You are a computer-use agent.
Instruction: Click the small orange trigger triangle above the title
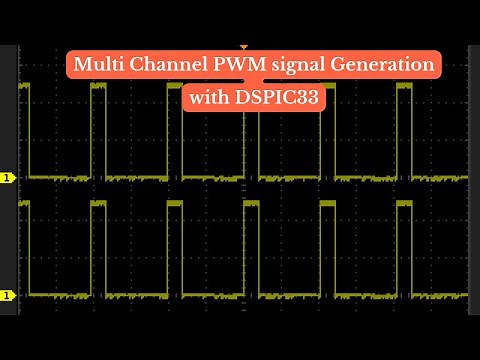click(243, 46)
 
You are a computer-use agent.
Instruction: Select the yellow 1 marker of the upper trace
click(8, 178)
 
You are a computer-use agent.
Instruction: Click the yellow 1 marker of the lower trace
click(8, 295)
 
